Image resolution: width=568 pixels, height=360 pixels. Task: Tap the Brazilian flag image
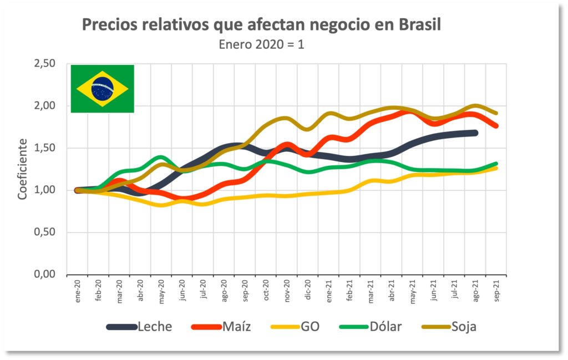pyautogui.click(x=103, y=89)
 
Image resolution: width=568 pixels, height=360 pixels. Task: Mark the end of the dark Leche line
pyautogui.click(x=475, y=133)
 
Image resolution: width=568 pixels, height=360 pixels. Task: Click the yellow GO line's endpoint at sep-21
pyautogui.click(x=495, y=168)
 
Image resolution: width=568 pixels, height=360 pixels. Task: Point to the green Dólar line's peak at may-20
pyautogui.click(x=161, y=158)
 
